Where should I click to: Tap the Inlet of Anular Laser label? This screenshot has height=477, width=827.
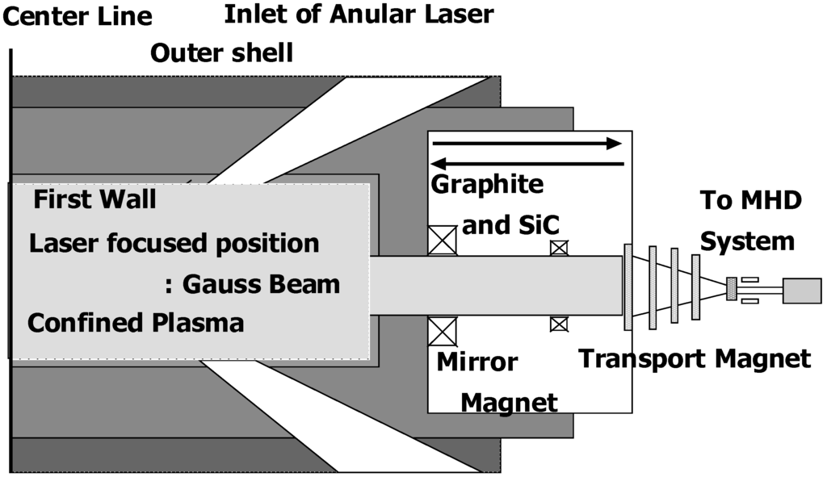[358, 14]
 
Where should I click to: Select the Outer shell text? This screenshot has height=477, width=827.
[222, 53]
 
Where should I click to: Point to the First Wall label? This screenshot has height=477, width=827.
[94, 199]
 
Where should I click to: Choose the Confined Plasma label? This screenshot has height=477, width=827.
[135, 323]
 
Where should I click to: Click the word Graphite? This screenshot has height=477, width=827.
[487, 185]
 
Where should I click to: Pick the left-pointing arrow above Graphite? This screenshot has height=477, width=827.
[527, 165]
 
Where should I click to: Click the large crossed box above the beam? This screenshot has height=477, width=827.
[443, 241]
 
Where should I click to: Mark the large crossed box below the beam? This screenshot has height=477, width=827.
[443, 332]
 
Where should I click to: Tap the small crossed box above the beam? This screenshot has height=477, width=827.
[558, 248]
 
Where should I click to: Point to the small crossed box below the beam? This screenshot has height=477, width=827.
[558, 324]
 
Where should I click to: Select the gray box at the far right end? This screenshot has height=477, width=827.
[802, 291]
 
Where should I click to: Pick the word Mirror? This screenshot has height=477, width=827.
[476, 362]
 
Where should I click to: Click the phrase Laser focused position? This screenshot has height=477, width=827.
[174, 243]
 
